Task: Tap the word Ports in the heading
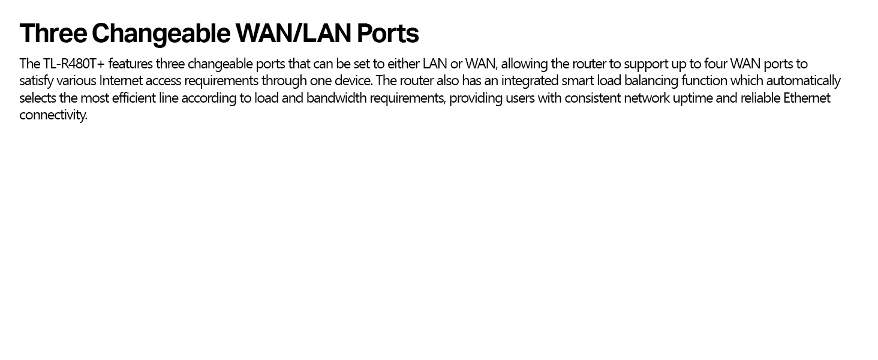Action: (x=387, y=34)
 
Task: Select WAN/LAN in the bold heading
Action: (x=293, y=34)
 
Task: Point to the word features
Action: (x=130, y=64)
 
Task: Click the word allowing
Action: (x=524, y=64)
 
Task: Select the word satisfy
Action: (x=36, y=81)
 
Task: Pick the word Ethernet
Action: (x=807, y=98)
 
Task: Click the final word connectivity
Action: (x=53, y=115)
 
